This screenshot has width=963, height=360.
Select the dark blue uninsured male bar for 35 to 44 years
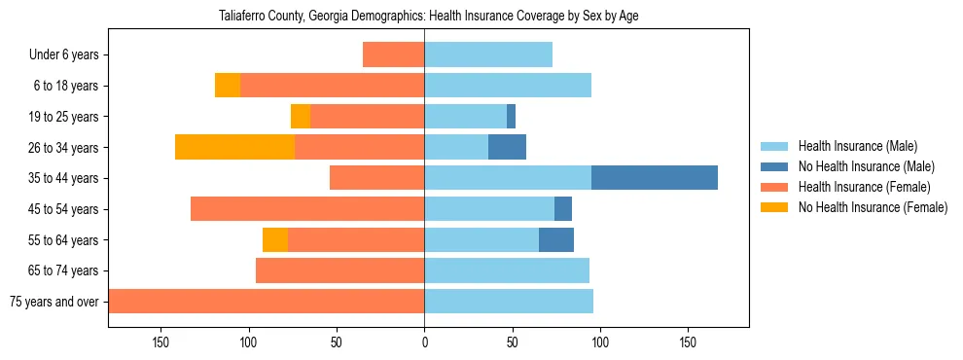(655, 178)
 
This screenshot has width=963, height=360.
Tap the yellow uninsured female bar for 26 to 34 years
(234, 147)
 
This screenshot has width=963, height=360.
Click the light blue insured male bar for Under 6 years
(488, 54)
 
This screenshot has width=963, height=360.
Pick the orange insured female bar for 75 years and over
(267, 302)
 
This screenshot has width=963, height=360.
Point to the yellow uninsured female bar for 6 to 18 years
(228, 86)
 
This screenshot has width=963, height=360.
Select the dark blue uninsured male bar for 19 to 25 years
(511, 117)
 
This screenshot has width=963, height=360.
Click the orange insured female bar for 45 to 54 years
(307, 209)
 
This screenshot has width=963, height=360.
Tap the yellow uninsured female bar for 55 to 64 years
(275, 239)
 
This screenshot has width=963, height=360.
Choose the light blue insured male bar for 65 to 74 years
(507, 270)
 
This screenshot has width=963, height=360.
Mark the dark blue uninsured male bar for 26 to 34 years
(507, 147)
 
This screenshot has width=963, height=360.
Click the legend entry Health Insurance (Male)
(856, 146)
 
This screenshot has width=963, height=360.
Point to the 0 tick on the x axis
(424, 342)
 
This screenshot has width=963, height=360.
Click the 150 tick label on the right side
(688, 342)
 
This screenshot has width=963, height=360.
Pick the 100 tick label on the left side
(249, 342)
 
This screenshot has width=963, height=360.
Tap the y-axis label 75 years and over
(54, 302)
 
